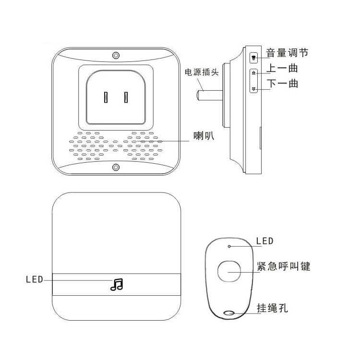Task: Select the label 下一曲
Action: tap(282, 84)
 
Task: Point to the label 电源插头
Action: tap(202, 73)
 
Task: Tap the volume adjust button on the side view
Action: tap(254, 58)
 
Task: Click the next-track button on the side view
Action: tap(254, 88)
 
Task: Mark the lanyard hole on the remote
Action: tap(229, 314)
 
